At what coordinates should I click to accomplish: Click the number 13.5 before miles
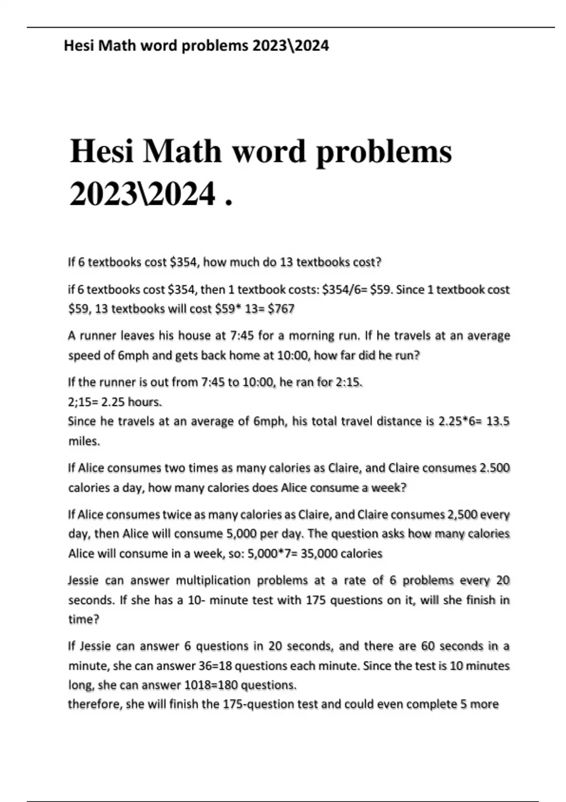(x=498, y=421)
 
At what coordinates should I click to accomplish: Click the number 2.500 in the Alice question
(x=494, y=468)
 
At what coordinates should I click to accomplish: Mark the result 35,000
(x=318, y=553)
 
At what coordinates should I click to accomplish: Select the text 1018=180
(x=210, y=685)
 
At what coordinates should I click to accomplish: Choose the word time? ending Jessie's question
(x=83, y=619)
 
